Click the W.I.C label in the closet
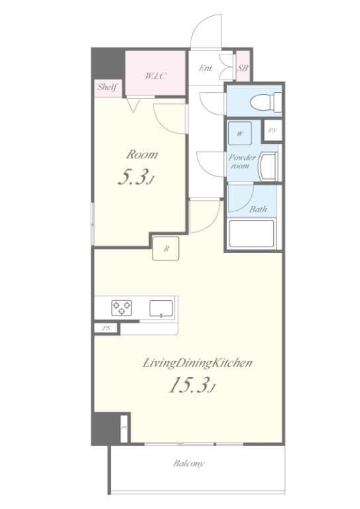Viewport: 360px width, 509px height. [155, 76]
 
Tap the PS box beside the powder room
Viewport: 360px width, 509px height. [272, 131]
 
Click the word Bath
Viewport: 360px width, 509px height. [258, 209]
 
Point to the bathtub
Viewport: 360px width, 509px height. [251, 233]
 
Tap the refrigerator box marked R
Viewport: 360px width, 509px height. [166, 249]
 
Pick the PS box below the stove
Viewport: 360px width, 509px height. [106, 328]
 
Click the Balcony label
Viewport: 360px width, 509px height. [189, 463]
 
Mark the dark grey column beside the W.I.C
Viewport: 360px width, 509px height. [108, 65]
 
